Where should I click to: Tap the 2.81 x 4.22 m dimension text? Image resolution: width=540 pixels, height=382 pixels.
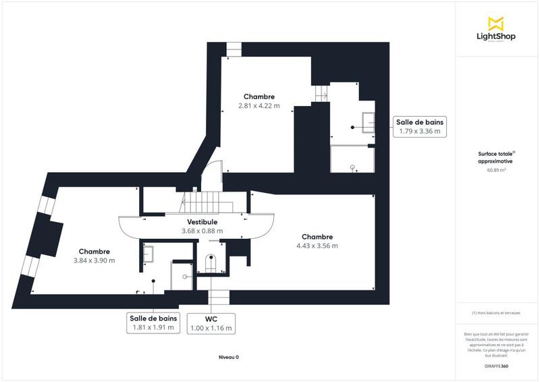click(x=259, y=106)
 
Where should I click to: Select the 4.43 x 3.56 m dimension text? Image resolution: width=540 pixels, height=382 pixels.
click(x=317, y=246)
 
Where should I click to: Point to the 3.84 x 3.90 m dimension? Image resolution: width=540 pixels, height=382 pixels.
click(x=94, y=260)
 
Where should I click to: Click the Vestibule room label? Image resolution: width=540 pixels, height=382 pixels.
click(x=202, y=222)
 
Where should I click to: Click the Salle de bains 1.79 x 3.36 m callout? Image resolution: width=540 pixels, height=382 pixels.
click(x=419, y=126)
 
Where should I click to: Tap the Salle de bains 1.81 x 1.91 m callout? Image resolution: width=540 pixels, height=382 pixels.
click(x=153, y=323)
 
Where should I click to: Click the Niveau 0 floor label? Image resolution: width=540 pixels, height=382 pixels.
click(x=229, y=357)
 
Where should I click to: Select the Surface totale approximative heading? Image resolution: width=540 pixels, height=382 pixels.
click(x=495, y=158)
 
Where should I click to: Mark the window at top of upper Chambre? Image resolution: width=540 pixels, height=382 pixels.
click(x=233, y=50)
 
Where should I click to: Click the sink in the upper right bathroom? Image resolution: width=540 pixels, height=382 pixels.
click(x=369, y=121)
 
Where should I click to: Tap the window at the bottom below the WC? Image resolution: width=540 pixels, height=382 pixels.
click(x=218, y=298)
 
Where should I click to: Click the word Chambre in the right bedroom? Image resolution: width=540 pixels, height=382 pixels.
click(x=317, y=237)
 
